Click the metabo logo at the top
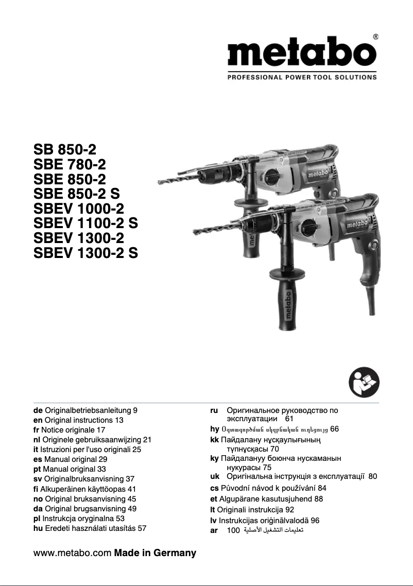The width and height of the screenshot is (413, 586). pos(302,54)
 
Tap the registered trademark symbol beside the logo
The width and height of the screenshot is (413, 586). pos(375,37)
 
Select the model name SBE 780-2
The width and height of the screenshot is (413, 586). pos(70,165)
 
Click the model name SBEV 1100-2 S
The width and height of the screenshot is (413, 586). pos(85,223)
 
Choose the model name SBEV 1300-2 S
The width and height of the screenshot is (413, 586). pos(85,253)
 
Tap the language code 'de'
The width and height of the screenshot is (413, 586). pos(38,411)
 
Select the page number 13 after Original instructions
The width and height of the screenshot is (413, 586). pos(119,421)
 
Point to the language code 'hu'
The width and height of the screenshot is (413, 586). pos(38,528)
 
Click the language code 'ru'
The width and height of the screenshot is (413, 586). pos(215,411)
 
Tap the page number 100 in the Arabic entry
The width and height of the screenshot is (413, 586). pos(233,530)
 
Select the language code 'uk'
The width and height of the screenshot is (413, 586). pos(215,476)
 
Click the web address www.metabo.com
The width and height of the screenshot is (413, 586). pos(72,554)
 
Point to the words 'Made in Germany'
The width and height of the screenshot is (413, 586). pos(155,554)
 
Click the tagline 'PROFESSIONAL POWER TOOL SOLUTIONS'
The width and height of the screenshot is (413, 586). pos(302,77)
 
